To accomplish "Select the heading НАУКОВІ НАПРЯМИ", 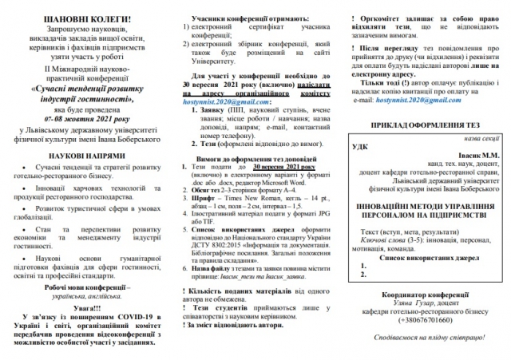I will click(85, 155).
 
